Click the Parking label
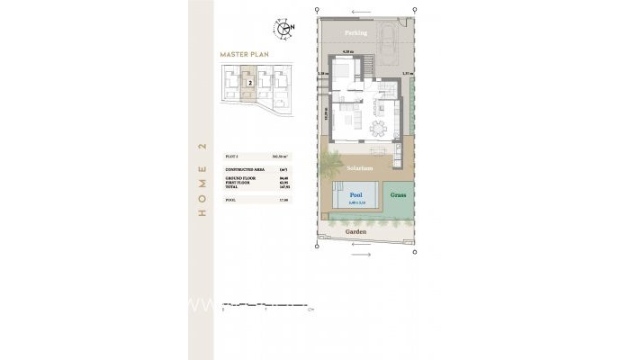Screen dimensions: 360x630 (355, 33)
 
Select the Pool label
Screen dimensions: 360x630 (355, 194)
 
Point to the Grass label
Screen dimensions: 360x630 (398, 194)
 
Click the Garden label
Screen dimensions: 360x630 (355, 232)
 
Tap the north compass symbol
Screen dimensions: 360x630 (285, 28)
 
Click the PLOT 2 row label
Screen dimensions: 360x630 (231, 156)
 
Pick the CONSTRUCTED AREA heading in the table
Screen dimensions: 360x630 (241, 168)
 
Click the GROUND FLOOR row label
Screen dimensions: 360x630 (237, 179)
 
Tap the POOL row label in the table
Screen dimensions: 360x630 (229, 199)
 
